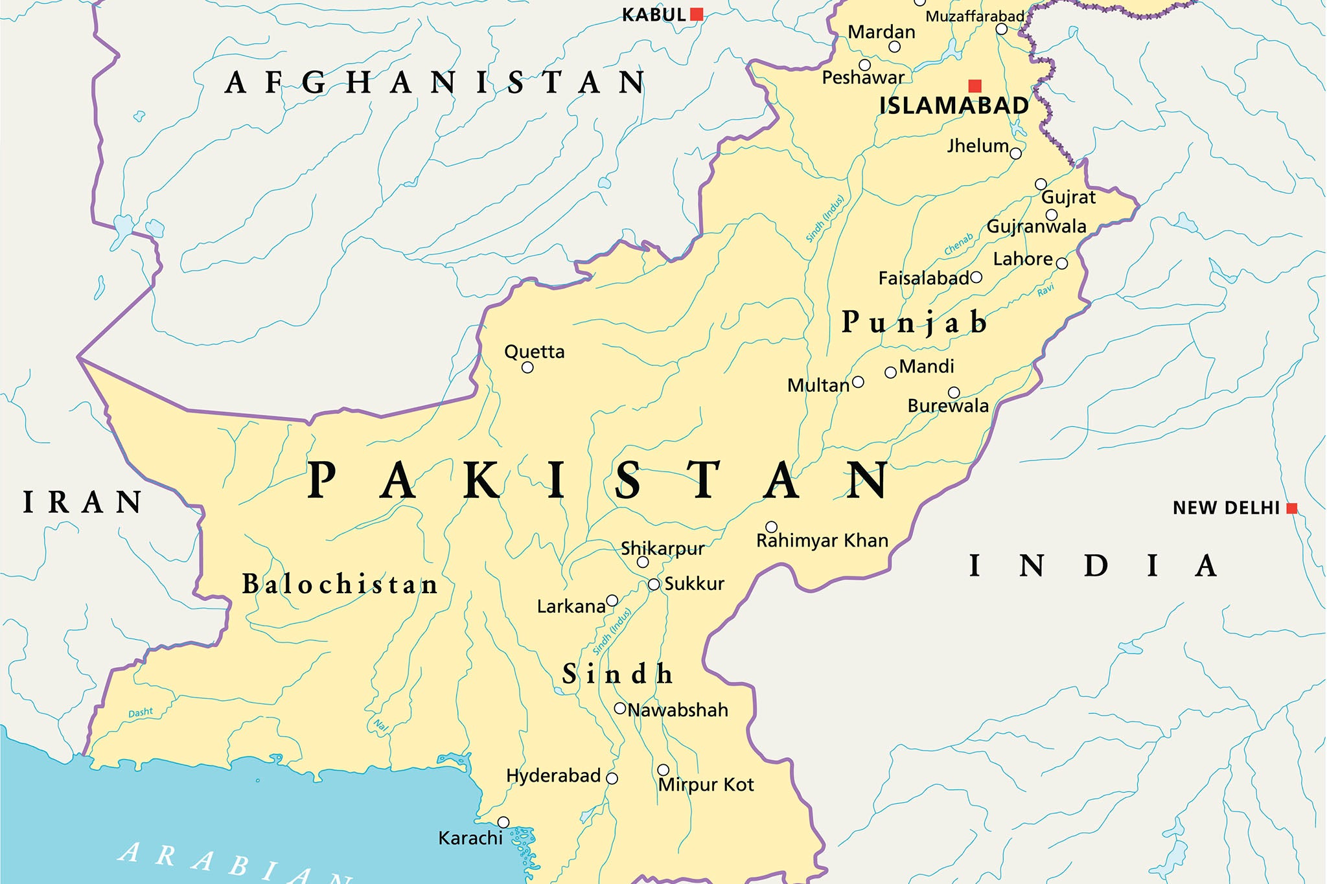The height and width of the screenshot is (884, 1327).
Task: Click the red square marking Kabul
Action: (697, 14)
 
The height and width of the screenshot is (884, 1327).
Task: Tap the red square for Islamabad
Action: (975, 85)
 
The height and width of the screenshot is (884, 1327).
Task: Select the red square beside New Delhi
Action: (1291, 508)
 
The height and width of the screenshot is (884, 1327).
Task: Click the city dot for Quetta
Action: (527, 368)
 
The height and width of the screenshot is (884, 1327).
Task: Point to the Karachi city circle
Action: (503, 822)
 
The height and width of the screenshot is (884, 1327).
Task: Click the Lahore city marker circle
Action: (1061, 264)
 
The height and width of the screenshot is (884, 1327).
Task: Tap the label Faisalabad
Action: (923, 278)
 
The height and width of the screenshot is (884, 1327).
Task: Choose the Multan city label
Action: (818, 386)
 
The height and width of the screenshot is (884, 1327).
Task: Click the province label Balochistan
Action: (340, 584)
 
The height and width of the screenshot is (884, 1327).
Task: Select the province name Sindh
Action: (617, 674)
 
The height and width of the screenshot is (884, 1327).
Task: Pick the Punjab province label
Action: (914, 322)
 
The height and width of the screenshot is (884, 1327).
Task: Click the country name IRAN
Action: (83, 503)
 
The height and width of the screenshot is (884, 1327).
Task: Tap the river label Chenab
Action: (958, 244)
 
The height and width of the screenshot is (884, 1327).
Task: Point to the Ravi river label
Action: (1046, 290)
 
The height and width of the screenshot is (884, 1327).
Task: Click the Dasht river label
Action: (141, 712)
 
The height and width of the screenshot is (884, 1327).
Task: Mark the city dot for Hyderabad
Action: (612, 778)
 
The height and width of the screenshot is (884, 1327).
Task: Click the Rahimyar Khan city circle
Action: (771, 527)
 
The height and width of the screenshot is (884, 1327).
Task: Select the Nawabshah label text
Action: (678, 710)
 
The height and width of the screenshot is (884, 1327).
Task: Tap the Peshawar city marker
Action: (864, 65)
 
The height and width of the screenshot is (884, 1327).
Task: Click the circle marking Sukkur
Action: (654, 585)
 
